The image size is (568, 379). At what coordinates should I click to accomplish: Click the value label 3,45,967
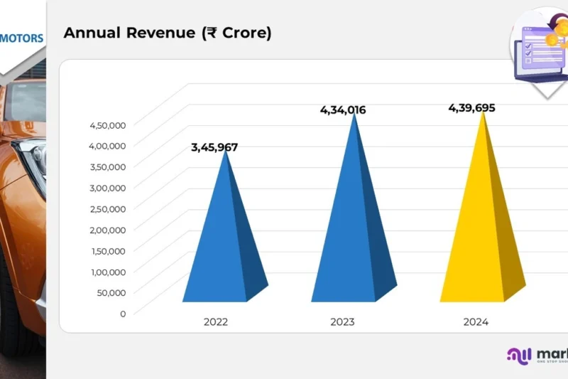[214, 148]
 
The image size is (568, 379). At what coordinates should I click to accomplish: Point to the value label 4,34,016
[342, 110]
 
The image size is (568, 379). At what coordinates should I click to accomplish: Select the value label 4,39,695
[471, 108]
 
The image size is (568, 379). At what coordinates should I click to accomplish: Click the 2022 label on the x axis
[216, 322]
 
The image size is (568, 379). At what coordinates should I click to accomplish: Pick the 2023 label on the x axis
[342, 322]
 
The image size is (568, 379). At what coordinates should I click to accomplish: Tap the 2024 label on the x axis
[476, 322]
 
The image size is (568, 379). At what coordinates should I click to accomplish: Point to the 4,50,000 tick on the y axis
[107, 125]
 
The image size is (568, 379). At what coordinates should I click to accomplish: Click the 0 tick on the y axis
[123, 314]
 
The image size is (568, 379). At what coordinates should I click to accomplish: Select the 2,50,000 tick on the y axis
[107, 209]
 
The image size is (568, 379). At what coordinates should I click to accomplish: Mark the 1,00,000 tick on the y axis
[108, 272]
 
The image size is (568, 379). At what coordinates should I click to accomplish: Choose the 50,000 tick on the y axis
[111, 292]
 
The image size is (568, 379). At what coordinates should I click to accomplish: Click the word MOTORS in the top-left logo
[22, 38]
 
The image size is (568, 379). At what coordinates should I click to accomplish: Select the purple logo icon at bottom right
[518, 356]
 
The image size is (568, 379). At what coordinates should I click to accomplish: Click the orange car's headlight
[32, 160]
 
